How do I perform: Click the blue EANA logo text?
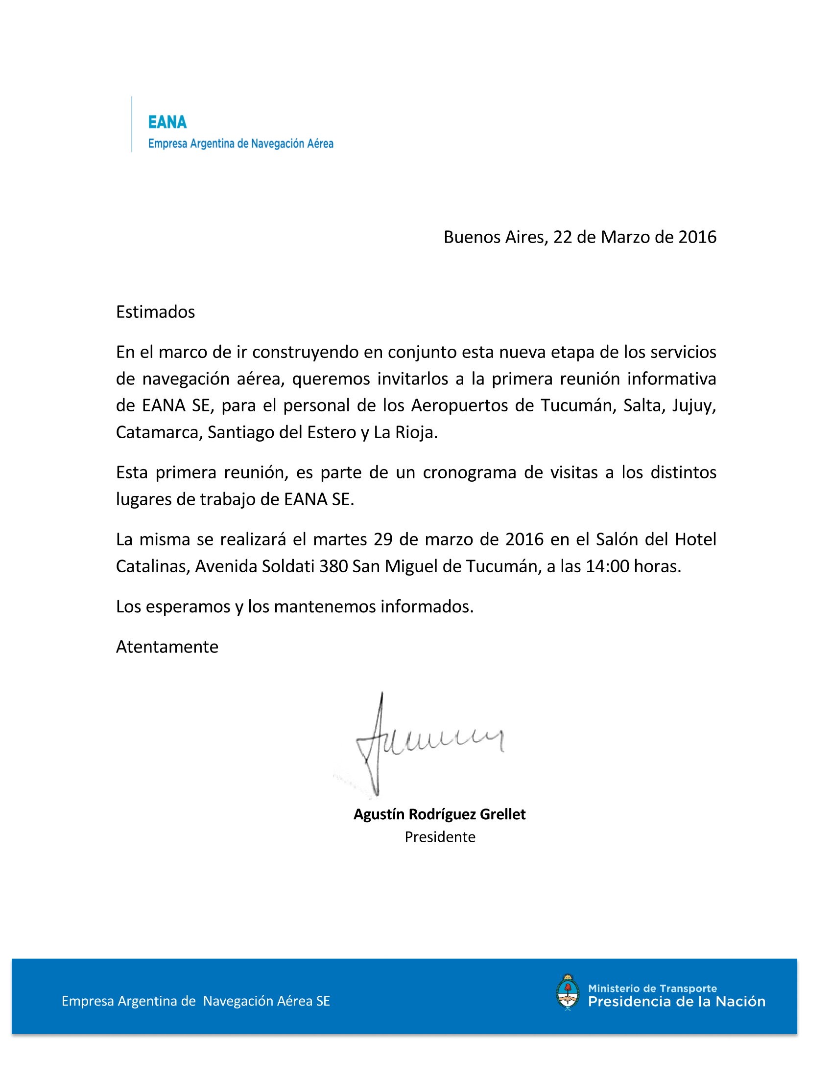[167, 122]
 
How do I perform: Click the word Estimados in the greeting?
[155, 312]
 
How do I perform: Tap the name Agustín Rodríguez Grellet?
[439, 814]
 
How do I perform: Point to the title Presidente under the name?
[440, 837]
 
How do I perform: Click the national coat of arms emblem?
[568, 993]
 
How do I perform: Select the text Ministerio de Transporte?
[652, 988]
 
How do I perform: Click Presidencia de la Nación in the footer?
[676, 1002]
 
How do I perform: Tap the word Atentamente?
[166, 647]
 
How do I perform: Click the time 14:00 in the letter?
[607, 566]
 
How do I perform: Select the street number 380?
[333, 566]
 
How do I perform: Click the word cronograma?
[469, 472]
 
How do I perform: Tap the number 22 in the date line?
[562, 238]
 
